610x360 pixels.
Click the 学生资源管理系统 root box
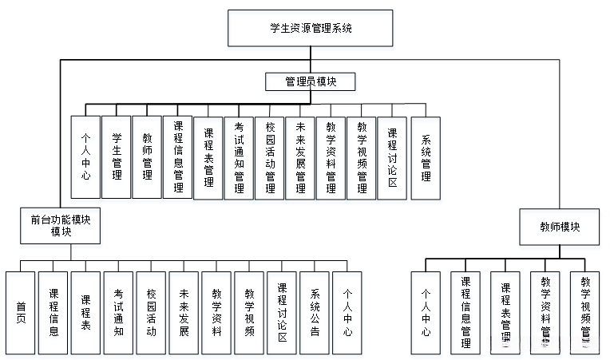coord(311,28)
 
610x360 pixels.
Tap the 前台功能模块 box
coord(61,224)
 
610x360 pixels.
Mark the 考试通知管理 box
coord(239,157)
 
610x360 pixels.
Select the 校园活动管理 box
coord(270,157)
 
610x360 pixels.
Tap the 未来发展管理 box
coord(300,157)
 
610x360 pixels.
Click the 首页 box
coord(21,312)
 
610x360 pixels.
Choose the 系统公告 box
coord(315,312)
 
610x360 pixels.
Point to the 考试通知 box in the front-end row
coord(118,312)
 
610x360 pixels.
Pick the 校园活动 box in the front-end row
coord(151,312)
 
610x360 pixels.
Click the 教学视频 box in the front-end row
coord(248,312)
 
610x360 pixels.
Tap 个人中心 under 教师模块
coord(426,313)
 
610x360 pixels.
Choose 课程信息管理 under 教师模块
coord(465,313)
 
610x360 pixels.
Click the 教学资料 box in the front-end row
coord(216,312)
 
